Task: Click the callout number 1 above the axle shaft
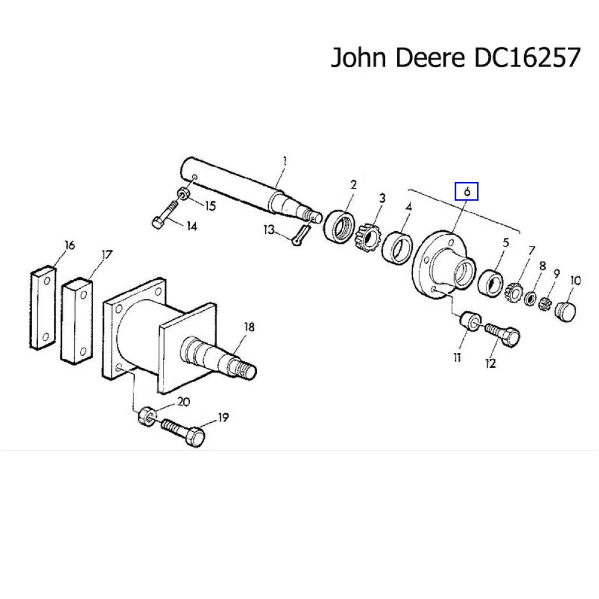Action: (x=285, y=161)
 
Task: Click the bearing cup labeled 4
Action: (x=396, y=246)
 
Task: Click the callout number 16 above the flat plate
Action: (x=70, y=245)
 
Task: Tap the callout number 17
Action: (x=106, y=255)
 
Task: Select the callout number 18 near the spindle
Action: (x=249, y=327)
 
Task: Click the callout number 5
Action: (x=506, y=244)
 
